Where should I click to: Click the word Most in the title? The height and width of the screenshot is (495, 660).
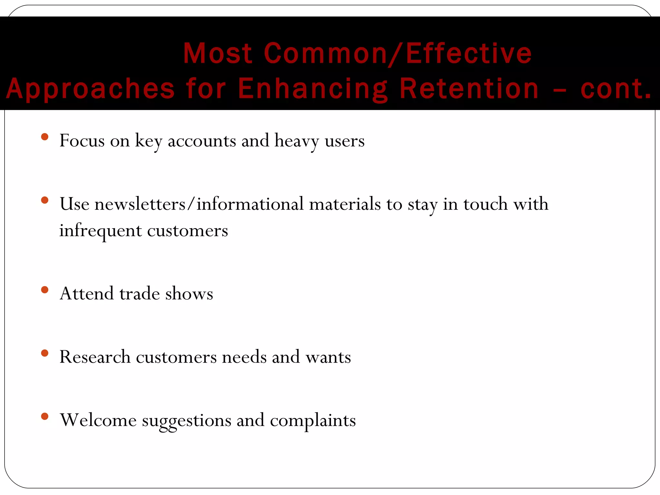coord(218,53)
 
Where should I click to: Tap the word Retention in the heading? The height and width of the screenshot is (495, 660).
coord(469,89)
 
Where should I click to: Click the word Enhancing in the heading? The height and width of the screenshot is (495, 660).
coord(313,89)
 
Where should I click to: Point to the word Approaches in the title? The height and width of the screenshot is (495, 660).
coord(90,89)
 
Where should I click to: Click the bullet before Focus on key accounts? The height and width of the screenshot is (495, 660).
coord(45,137)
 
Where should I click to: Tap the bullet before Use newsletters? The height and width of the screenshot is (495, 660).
coord(45,200)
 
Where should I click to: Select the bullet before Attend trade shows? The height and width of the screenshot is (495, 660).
coord(45,290)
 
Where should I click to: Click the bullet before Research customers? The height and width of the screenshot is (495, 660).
coord(45,353)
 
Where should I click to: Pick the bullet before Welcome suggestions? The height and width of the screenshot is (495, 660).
coord(45,416)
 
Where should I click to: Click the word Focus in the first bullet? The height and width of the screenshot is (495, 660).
coord(82,141)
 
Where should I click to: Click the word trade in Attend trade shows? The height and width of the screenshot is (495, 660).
coord(140,294)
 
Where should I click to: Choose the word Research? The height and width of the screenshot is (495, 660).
coord(95,357)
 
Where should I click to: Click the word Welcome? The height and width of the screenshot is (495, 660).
coord(98,420)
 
